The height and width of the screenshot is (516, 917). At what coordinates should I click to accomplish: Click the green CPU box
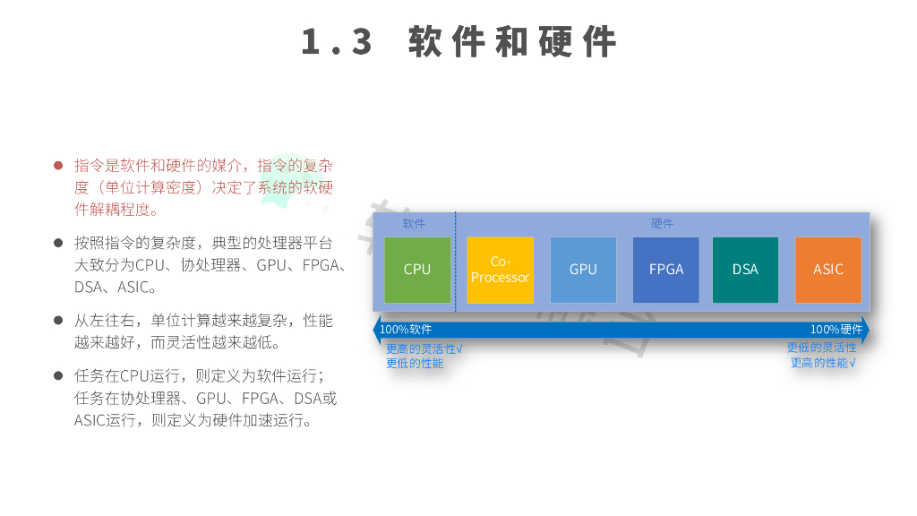coord(417,270)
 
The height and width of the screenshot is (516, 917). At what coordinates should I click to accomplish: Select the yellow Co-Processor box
coord(500,270)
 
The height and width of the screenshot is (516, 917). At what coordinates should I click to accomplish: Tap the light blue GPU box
coord(583,270)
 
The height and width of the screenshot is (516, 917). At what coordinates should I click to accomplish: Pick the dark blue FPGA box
coord(665,270)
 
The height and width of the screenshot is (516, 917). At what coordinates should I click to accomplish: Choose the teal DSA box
coord(745,270)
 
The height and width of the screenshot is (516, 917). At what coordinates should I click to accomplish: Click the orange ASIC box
coord(827,270)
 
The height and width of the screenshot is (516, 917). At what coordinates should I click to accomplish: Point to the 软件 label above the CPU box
coord(414,224)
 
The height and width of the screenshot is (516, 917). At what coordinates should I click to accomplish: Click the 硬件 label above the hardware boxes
coord(662,224)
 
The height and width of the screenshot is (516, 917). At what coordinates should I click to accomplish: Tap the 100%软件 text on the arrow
coord(406,330)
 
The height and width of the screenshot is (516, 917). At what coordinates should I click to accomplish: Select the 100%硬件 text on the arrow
coord(836,330)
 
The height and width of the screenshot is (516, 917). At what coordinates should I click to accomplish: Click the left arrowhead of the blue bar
coord(377,330)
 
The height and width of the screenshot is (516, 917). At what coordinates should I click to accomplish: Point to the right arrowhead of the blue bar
coord(865,330)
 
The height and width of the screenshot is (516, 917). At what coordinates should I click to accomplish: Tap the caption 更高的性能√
coord(823,363)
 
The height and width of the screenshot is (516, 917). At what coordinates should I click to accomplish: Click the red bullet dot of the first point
coord(58,166)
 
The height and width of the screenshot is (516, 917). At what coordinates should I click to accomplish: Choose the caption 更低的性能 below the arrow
coord(415,363)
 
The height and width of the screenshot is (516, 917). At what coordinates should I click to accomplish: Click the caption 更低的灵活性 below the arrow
coord(821,348)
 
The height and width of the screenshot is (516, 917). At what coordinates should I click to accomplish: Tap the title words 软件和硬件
coord(512,42)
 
